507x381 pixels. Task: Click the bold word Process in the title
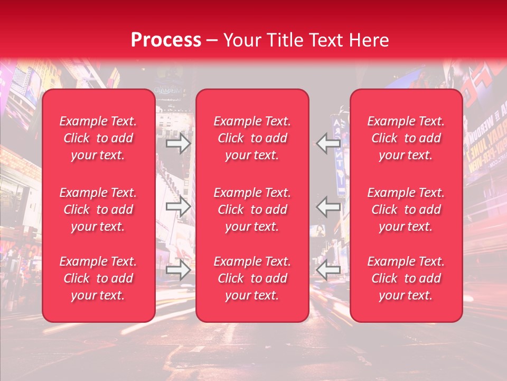[x=166, y=40]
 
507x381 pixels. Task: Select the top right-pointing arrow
[x=179, y=143]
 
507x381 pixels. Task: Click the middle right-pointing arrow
[x=179, y=206]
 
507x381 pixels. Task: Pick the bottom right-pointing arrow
[x=179, y=270]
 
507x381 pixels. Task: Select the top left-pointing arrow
[x=328, y=143]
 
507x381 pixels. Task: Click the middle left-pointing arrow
[x=328, y=206]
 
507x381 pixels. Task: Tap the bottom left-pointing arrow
[x=328, y=270]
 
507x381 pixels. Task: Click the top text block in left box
[x=98, y=138]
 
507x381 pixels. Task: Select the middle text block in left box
[x=98, y=210]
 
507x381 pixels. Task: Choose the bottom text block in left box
[x=98, y=278]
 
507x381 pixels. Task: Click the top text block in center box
[x=252, y=138]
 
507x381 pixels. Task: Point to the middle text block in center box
[x=252, y=210]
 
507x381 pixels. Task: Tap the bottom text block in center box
[x=252, y=278]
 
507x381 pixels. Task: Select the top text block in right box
[x=406, y=138]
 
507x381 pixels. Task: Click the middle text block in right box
[x=406, y=210]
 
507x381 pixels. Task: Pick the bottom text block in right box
[x=406, y=278]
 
